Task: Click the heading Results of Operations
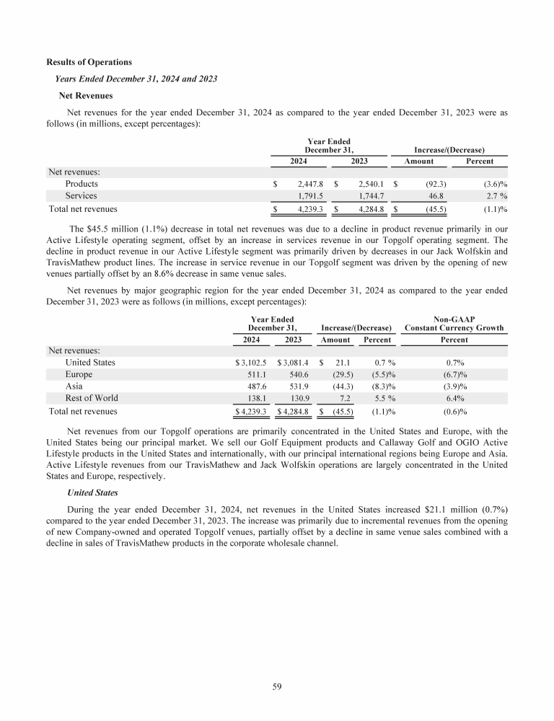click(89, 62)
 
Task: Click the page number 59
click(277, 686)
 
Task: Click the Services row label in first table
click(81, 196)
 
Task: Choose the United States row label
click(90, 363)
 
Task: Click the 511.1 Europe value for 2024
click(255, 375)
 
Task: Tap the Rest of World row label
click(93, 399)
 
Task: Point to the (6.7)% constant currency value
click(454, 375)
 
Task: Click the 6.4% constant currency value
click(454, 399)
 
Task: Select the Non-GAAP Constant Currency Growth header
click(454, 323)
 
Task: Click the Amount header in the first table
click(419, 161)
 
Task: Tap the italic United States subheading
click(92, 492)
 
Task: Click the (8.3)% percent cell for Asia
click(378, 387)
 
